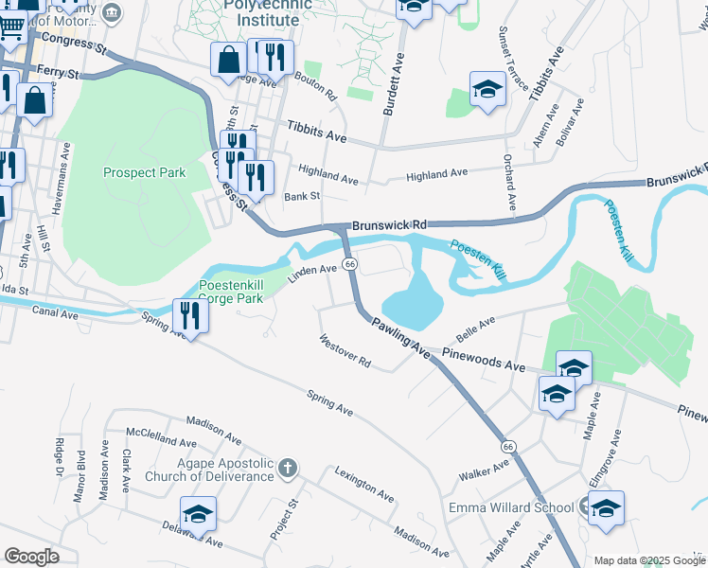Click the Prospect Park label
(x=144, y=172)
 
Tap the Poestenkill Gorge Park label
(x=236, y=291)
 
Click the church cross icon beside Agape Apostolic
(x=288, y=469)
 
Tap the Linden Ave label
(x=313, y=272)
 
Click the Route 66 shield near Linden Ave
(x=349, y=263)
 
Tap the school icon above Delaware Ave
(x=199, y=515)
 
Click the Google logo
(x=32, y=556)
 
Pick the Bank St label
(x=303, y=196)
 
